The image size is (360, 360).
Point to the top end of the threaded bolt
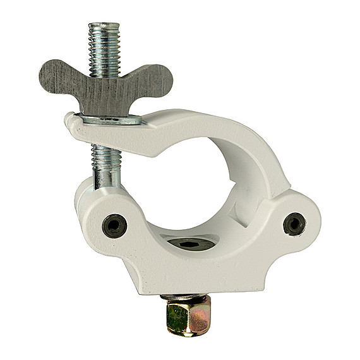click(105, 27)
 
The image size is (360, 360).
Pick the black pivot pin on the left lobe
click(114, 225)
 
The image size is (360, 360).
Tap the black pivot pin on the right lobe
click(294, 223)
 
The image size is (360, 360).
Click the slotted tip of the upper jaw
click(72, 124)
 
